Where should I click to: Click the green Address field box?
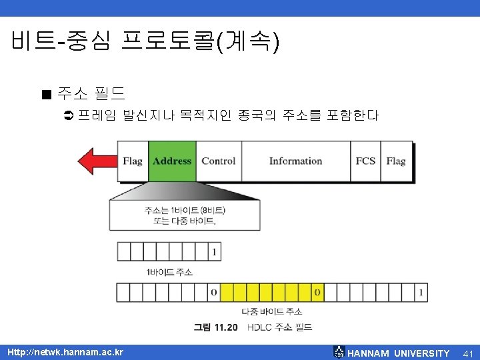(x=172, y=161)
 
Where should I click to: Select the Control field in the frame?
(x=219, y=161)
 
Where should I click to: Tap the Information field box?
(x=295, y=161)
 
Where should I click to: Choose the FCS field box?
(x=365, y=161)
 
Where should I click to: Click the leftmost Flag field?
(x=133, y=161)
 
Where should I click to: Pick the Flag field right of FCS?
(x=396, y=161)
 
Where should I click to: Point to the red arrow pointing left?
(x=97, y=161)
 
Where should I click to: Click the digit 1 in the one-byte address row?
(x=214, y=252)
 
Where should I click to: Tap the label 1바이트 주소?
(x=169, y=272)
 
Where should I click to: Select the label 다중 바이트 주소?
(x=271, y=311)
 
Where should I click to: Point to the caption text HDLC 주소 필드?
(x=279, y=327)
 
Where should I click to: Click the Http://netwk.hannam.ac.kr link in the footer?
(x=65, y=352)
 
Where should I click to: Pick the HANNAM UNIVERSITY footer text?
(x=399, y=353)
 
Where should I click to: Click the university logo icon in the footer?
(x=339, y=352)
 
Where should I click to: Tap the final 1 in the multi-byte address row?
(x=421, y=292)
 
